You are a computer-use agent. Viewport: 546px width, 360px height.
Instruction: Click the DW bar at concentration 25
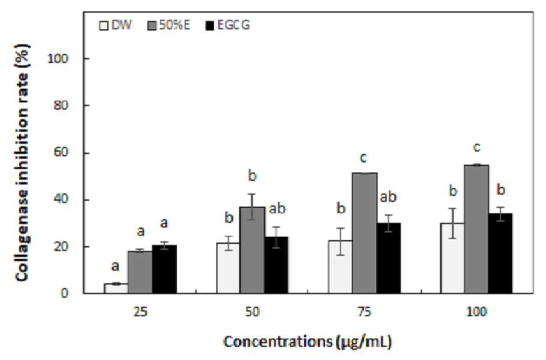116,288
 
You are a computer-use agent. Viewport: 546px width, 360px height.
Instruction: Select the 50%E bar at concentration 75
364,233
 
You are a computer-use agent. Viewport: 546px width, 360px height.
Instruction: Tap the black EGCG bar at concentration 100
500,253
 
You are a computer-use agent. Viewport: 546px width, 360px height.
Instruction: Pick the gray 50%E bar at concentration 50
252,250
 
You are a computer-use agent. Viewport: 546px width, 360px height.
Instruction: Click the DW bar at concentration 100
453,258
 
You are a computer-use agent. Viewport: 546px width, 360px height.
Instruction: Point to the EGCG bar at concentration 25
164,269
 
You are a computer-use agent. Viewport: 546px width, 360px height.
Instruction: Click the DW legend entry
115,25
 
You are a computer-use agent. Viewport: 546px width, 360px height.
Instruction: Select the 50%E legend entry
169,25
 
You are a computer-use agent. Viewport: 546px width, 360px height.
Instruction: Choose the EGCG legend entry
228,25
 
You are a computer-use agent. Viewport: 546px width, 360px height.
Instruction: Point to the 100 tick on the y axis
58,59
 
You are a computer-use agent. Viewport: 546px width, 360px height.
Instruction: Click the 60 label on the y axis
61,153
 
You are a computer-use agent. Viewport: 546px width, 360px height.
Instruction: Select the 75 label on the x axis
364,311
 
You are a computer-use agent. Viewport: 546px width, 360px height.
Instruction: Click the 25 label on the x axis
140,311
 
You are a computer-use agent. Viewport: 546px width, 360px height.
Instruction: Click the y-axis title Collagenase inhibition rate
22,162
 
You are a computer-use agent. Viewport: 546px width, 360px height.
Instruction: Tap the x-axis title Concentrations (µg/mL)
307,341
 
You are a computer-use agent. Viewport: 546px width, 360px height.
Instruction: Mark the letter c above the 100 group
476,147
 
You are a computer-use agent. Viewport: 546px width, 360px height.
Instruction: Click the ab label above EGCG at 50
277,208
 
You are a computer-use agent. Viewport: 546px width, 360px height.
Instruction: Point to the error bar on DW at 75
340,241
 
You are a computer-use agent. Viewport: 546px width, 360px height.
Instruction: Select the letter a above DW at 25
115,267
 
